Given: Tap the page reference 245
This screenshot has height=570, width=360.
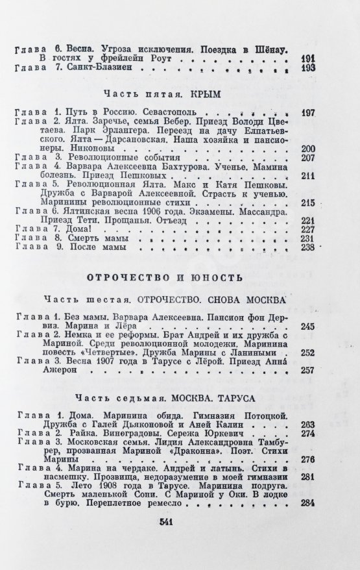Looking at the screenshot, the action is tap(307, 327).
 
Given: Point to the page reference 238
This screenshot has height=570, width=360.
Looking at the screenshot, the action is tap(307, 247).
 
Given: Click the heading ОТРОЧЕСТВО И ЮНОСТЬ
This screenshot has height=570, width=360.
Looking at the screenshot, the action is tap(165, 279).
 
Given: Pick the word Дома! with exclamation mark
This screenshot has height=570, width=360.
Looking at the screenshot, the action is tap(84, 229).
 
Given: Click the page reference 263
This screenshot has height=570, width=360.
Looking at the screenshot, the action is tap(307, 425).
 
